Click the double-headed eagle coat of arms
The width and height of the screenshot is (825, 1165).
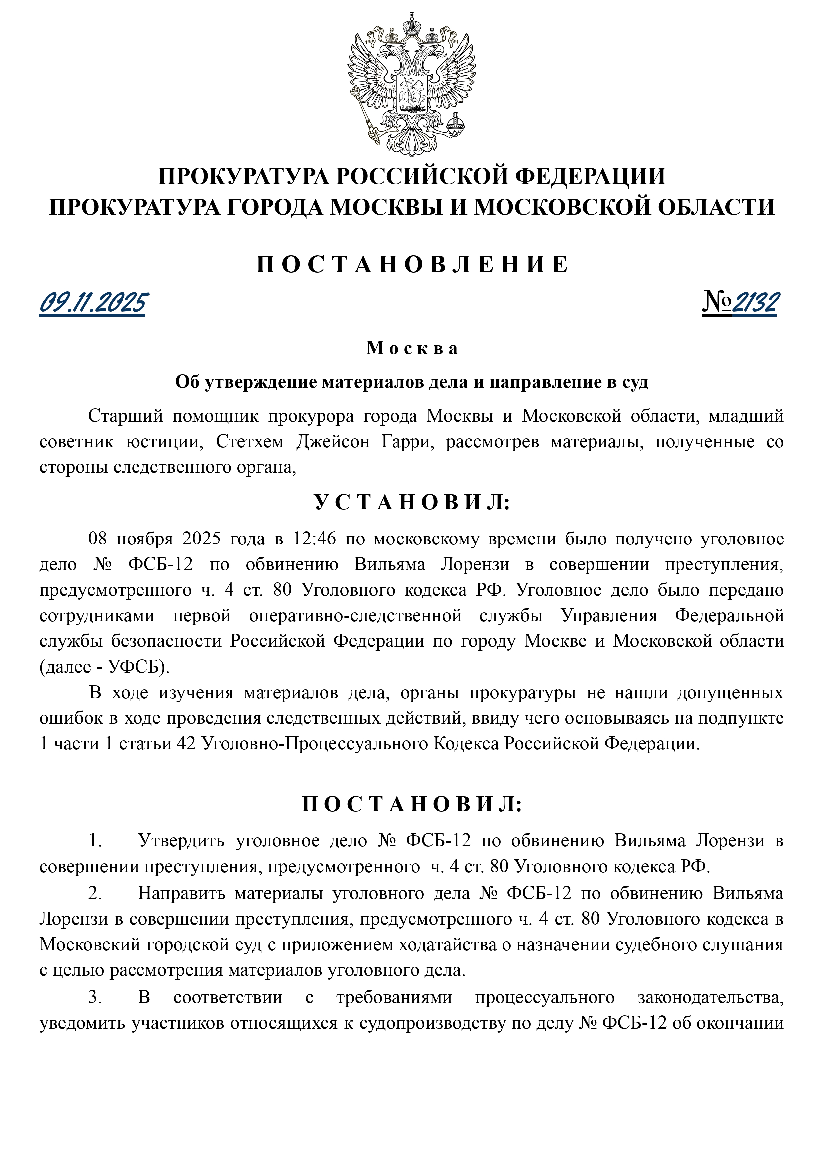[412, 84]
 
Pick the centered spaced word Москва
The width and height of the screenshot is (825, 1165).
[412, 348]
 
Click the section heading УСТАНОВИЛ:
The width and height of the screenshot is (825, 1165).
[412, 502]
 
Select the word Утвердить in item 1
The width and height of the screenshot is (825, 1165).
[181, 841]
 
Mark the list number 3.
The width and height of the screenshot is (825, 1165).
[94, 997]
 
